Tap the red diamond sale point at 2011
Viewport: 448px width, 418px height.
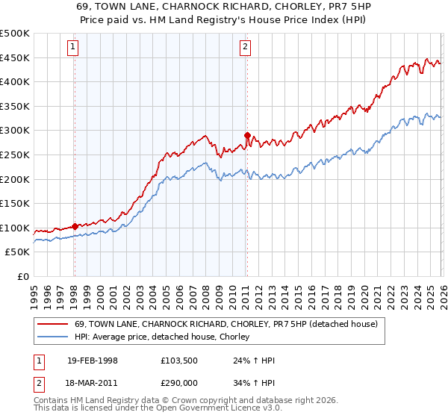247,136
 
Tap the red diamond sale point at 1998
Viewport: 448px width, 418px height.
75,226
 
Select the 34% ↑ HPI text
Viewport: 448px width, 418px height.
254,384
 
